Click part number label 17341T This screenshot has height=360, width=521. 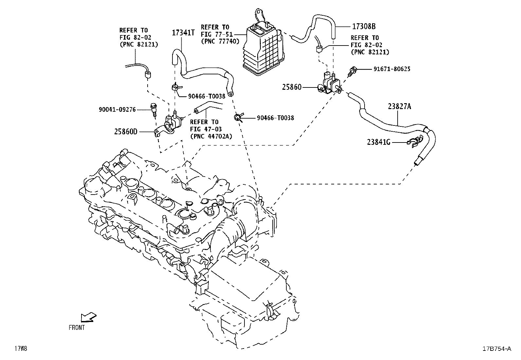(183, 32)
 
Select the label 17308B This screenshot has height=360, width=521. (364, 26)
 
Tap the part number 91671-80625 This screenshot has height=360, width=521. (392, 69)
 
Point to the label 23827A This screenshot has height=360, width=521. (400, 106)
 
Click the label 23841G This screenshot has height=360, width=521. (379, 142)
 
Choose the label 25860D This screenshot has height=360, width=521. (126, 132)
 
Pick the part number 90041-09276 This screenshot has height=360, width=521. (117, 110)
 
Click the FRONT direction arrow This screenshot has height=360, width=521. (88, 317)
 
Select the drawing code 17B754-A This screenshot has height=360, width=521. (496, 349)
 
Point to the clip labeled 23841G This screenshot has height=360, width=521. (413, 142)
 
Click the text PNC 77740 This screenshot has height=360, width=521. (221, 41)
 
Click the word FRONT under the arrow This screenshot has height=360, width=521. (77, 327)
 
